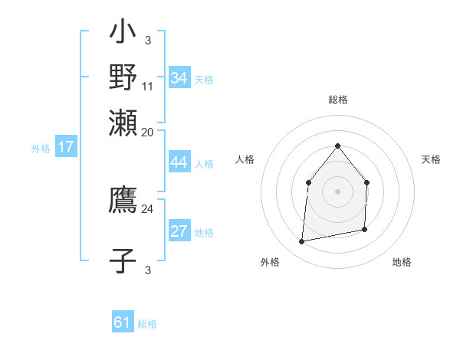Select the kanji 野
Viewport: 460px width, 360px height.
tap(123, 77)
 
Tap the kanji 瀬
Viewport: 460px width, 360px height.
tap(123, 123)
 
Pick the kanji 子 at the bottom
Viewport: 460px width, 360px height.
tap(123, 260)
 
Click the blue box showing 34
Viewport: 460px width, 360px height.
tap(179, 77)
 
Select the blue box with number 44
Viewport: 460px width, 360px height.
tap(179, 162)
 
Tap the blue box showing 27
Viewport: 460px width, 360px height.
tap(179, 231)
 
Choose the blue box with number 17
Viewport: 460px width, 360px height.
tap(66, 147)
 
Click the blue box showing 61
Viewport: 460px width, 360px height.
tap(123, 322)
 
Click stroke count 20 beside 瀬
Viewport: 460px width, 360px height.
tap(148, 133)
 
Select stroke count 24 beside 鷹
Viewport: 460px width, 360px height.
tap(148, 208)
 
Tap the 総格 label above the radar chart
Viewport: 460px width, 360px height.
tap(337, 100)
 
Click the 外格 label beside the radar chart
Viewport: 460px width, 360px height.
tap(270, 262)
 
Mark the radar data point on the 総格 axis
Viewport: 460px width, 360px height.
tap(337, 146)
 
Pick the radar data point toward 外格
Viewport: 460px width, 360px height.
tap(302, 242)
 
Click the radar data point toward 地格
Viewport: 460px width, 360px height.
tap(365, 229)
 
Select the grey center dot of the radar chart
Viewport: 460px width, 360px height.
tap(337, 191)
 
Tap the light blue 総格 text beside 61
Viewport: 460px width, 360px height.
tap(147, 324)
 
